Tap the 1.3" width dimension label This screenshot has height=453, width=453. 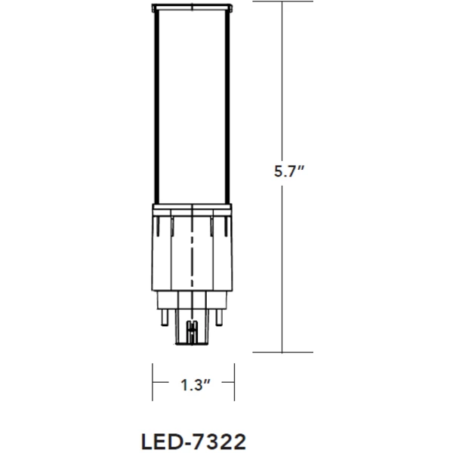(x=195, y=384)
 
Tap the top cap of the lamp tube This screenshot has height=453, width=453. (x=193, y=7)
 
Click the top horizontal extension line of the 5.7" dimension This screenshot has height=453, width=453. (x=272, y=2)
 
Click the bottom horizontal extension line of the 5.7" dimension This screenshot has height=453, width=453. (x=272, y=352)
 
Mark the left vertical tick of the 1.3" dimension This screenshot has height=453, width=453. (x=153, y=384)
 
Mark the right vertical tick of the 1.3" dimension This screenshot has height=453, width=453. (x=236, y=384)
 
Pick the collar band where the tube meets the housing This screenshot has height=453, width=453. (x=193, y=211)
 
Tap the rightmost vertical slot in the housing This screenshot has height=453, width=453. (x=227, y=226)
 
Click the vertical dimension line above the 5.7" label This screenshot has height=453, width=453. (x=282, y=83)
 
